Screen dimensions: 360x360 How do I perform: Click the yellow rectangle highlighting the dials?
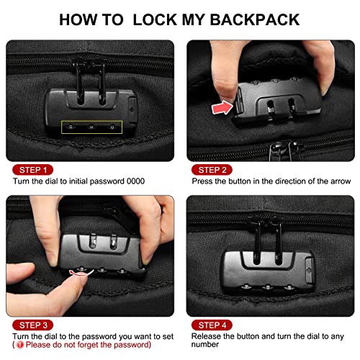(91, 125)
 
